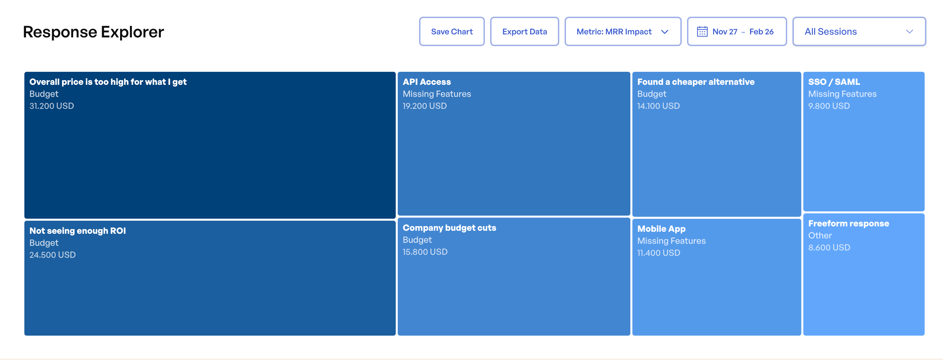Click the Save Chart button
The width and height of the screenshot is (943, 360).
pos(451,31)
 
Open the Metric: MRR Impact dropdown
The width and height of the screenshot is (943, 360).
pos(622,31)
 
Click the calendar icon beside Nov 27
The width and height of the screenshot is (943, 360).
pos(702,31)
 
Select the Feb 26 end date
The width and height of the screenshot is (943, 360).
pos(761,32)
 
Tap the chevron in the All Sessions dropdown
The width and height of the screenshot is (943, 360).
pos(909,31)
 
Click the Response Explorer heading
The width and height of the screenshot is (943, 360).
pos(93,32)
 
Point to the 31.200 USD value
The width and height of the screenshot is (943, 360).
pos(52,106)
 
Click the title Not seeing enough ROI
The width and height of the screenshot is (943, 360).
pos(77,231)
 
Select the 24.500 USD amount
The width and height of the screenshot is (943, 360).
pos(52,255)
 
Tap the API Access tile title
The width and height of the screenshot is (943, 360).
pos(426,82)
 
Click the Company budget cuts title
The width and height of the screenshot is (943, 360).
pos(449,228)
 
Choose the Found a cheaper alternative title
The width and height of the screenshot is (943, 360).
pos(695,82)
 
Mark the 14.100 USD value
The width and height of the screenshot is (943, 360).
pos(658,106)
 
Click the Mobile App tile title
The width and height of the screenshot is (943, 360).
pos(661,229)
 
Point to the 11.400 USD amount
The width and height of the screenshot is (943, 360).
pos(659,253)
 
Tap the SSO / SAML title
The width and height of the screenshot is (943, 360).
pos(834,82)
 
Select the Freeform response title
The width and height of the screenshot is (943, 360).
pos(848,223)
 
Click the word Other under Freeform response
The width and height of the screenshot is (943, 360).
pos(820,235)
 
